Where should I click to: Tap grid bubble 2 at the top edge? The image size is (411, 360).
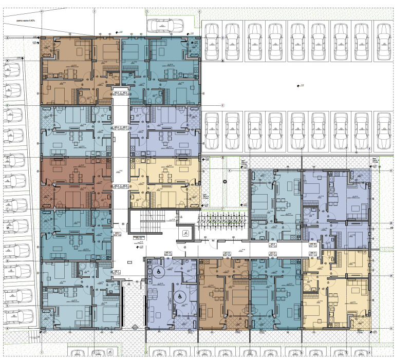pos(94,10)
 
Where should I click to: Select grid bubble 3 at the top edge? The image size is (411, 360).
pos(146,10)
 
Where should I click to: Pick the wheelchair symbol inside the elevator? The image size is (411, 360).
pos(183,233)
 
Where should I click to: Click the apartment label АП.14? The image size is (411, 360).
pos(167,254)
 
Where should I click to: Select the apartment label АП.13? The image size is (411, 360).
pos(227,254)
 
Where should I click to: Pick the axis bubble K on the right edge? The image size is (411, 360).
pos(391,170)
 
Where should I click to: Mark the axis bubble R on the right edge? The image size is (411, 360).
pos(391,224)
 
